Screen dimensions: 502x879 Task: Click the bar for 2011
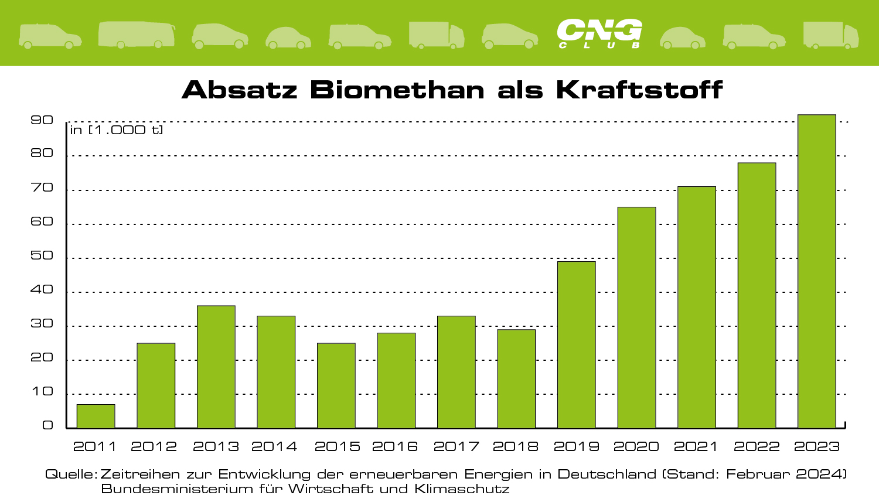coord(96,416)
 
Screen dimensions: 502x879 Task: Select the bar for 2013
coord(216,367)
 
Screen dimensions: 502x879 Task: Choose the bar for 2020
coord(636,317)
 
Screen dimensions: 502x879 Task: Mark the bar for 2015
coord(336,385)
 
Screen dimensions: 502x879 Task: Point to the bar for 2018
coord(516,378)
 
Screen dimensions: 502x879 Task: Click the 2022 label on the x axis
coord(757,447)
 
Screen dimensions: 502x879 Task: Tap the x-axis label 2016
coord(395,447)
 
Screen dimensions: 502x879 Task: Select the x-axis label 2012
coord(154,447)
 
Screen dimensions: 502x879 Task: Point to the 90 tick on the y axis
coord(42,120)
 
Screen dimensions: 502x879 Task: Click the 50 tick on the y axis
coord(42,256)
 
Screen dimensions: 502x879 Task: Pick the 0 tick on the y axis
coord(47,426)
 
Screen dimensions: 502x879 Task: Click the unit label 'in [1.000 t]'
coord(117,130)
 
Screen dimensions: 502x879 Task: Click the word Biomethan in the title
coord(397,90)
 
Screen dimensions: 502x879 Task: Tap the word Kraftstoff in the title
coord(639,90)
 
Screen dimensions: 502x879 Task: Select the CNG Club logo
coord(599,33)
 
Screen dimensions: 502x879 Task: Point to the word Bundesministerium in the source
coord(177,489)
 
